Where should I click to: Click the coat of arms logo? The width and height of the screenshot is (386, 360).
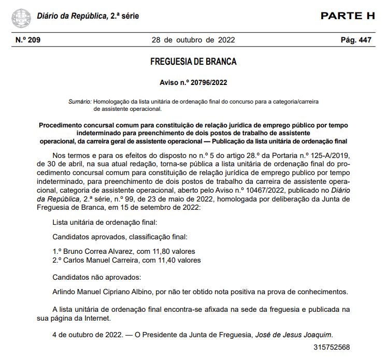(21, 17)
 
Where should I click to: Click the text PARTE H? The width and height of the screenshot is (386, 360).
(347, 16)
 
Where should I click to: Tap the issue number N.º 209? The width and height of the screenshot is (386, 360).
(28, 40)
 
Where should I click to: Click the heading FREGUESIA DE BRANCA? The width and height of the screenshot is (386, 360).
(193, 62)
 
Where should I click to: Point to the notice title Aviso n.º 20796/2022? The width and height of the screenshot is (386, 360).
(193, 82)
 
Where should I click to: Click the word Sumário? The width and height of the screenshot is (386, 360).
(80, 102)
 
